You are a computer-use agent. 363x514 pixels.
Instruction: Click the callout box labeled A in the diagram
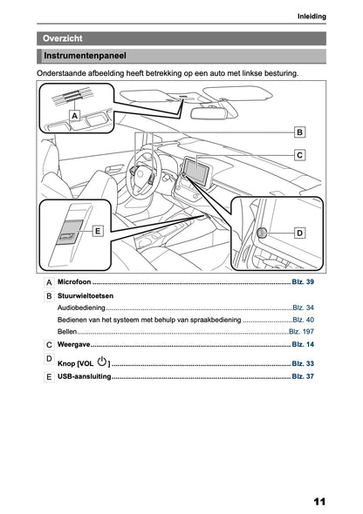[75, 116]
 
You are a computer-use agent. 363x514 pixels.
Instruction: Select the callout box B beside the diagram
[299, 132]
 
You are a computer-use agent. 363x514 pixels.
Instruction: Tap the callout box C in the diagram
[299, 155]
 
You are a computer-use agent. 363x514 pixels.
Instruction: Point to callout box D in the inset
[299, 233]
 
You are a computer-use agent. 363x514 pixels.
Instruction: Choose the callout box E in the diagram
[98, 231]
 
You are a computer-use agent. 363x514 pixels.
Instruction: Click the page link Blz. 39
[303, 282]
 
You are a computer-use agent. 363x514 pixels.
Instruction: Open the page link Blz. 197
[301, 332]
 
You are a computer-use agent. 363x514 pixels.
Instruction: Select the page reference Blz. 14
[303, 344]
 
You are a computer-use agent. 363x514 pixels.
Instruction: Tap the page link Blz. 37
[303, 376]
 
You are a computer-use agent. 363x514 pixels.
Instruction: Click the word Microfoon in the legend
[74, 282]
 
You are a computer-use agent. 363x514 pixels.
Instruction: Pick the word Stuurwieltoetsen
[86, 295]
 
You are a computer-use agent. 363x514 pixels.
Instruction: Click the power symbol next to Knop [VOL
[102, 362]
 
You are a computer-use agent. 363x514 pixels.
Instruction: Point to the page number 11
[319, 502]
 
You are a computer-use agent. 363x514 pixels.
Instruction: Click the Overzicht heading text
[62, 38]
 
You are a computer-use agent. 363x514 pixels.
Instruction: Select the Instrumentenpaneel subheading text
[85, 56]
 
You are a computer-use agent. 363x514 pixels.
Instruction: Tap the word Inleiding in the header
[312, 17]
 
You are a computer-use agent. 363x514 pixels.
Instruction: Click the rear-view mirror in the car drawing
[209, 112]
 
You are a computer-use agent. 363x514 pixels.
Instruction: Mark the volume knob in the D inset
[262, 233]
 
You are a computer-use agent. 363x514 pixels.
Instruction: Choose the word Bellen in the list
[67, 332]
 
